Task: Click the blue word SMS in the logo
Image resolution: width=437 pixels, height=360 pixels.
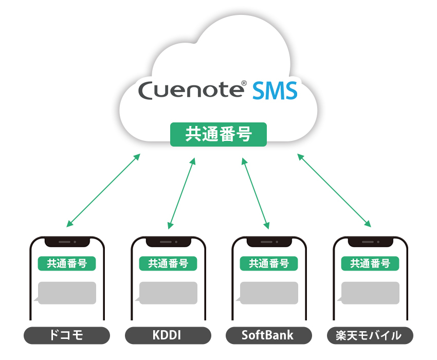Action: [275, 91]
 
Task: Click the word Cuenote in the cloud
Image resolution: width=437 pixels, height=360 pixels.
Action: [191, 91]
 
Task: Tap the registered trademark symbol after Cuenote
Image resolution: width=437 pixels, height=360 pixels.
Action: [244, 83]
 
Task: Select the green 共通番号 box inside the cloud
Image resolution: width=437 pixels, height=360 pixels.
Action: [219, 134]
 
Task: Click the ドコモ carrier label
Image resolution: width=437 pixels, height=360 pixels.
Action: [67, 335]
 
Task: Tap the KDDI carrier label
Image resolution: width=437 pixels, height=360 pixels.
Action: [168, 335]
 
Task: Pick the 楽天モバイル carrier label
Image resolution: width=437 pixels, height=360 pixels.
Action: [370, 335]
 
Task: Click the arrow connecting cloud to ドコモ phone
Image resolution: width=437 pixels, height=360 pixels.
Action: [103, 190]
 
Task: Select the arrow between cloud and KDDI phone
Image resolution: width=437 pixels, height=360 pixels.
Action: [181, 193]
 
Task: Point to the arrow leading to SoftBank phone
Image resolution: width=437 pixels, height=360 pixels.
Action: [256, 193]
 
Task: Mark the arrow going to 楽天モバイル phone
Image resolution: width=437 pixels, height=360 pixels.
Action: [334, 190]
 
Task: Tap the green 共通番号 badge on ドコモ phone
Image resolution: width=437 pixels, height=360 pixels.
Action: [67, 263]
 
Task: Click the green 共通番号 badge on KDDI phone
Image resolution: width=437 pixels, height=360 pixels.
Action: [168, 263]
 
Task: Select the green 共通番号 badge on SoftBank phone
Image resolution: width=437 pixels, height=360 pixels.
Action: [269, 263]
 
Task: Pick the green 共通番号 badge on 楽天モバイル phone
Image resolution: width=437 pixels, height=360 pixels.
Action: [370, 263]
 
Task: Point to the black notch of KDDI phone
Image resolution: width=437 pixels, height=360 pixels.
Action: [168, 242]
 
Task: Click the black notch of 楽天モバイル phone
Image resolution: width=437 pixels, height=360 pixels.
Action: [370, 242]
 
